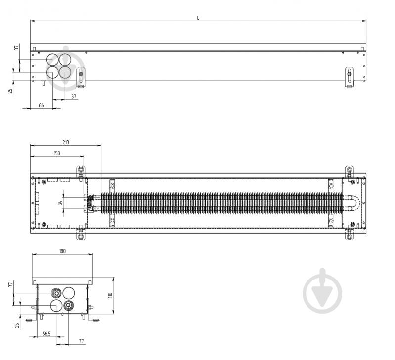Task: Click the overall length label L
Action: click(198, 18)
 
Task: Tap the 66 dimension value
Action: click(42, 105)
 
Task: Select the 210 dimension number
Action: click(65, 142)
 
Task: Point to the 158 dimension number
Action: click(57, 153)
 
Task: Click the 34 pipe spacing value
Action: click(60, 203)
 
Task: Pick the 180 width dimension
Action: click(62, 251)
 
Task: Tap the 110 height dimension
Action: click(110, 295)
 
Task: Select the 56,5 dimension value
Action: click(46, 334)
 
